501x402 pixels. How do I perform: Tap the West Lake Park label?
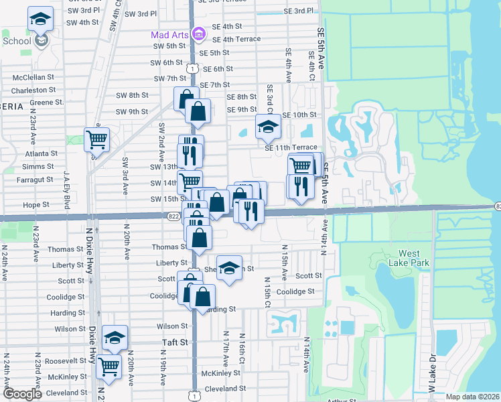(414, 258)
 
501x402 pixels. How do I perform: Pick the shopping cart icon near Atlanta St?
(97, 140)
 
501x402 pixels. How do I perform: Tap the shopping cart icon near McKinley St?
(109, 366)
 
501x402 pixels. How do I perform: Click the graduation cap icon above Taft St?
(115, 339)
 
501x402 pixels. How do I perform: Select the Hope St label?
(36, 205)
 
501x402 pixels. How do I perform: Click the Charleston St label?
(33, 90)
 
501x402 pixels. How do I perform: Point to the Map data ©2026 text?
(473, 397)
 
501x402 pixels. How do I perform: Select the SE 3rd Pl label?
(299, 11)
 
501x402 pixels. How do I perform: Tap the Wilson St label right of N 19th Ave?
(173, 326)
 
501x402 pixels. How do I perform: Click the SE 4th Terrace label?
(236, 39)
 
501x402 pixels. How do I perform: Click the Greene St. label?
(46, 103)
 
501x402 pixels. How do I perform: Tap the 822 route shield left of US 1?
(173, 216)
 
